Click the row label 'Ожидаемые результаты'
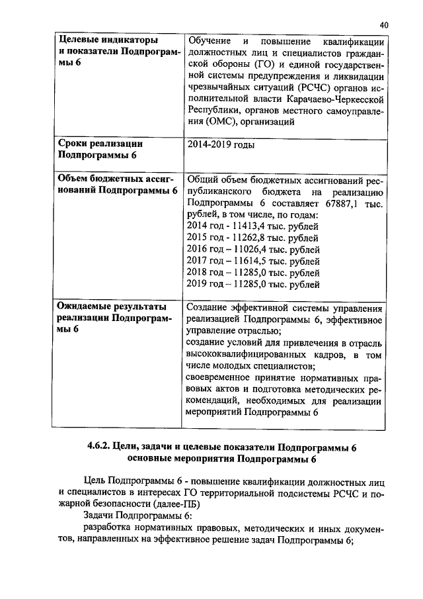111,308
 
